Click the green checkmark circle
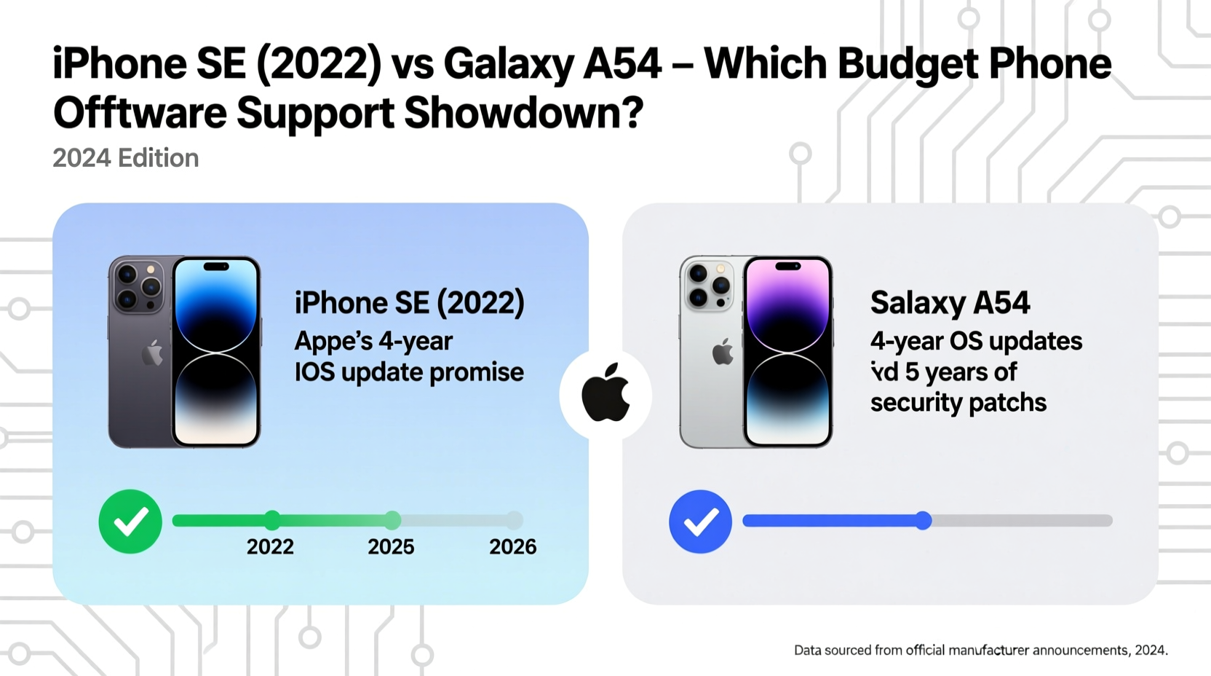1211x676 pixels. tap(130, 522)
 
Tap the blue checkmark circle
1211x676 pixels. tap(700, 522)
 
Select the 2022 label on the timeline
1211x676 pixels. tap(270, 547)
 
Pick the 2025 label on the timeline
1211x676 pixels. tap(391, 547)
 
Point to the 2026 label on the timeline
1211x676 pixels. tap(512, 547)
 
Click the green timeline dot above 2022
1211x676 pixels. tap(272, 520)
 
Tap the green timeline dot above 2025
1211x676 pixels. tap(392, 520)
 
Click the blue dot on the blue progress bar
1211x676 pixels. tap(924, 520)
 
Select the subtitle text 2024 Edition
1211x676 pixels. tap(125, 158)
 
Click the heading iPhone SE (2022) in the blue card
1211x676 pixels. tap(409, 303)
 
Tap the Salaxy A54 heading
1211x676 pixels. tap(950, 303)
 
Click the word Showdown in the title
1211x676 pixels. tap(523, 114)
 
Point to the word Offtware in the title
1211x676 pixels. tap(139, 114)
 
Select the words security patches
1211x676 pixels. tap(958, 403)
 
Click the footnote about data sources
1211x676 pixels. tap(980, 650)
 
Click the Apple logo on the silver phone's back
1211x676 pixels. tap(723, 353)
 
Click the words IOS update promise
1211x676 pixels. tap(409, 372)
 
